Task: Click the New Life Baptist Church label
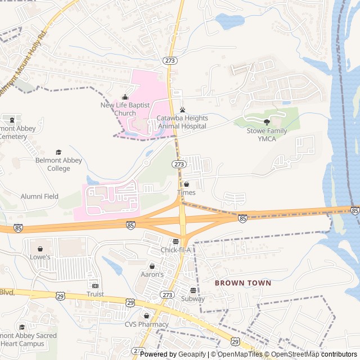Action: pos(118,109)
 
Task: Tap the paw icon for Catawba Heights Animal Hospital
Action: pos(182,110)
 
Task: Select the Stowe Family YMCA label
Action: pos(267,135)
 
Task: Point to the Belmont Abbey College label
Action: pos(58,164)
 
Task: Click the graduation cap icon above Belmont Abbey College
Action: pos(58,152)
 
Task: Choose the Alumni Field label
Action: pos(39,196)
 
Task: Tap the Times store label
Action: pos(186,192)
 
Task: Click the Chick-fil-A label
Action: pos(175,250)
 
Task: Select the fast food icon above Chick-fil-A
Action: pos(175,241)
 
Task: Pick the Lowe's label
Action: pos(40,257)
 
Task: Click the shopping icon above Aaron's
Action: pos(152,266)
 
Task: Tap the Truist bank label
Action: pos(95,294)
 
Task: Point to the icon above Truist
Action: pos(95,286)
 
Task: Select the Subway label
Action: pos(193,299)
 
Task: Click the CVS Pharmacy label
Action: pos(146,324)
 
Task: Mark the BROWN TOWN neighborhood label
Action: pos(243,283)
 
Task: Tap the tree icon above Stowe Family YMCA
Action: pos(267,122)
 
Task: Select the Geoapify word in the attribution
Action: pos(193,354)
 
